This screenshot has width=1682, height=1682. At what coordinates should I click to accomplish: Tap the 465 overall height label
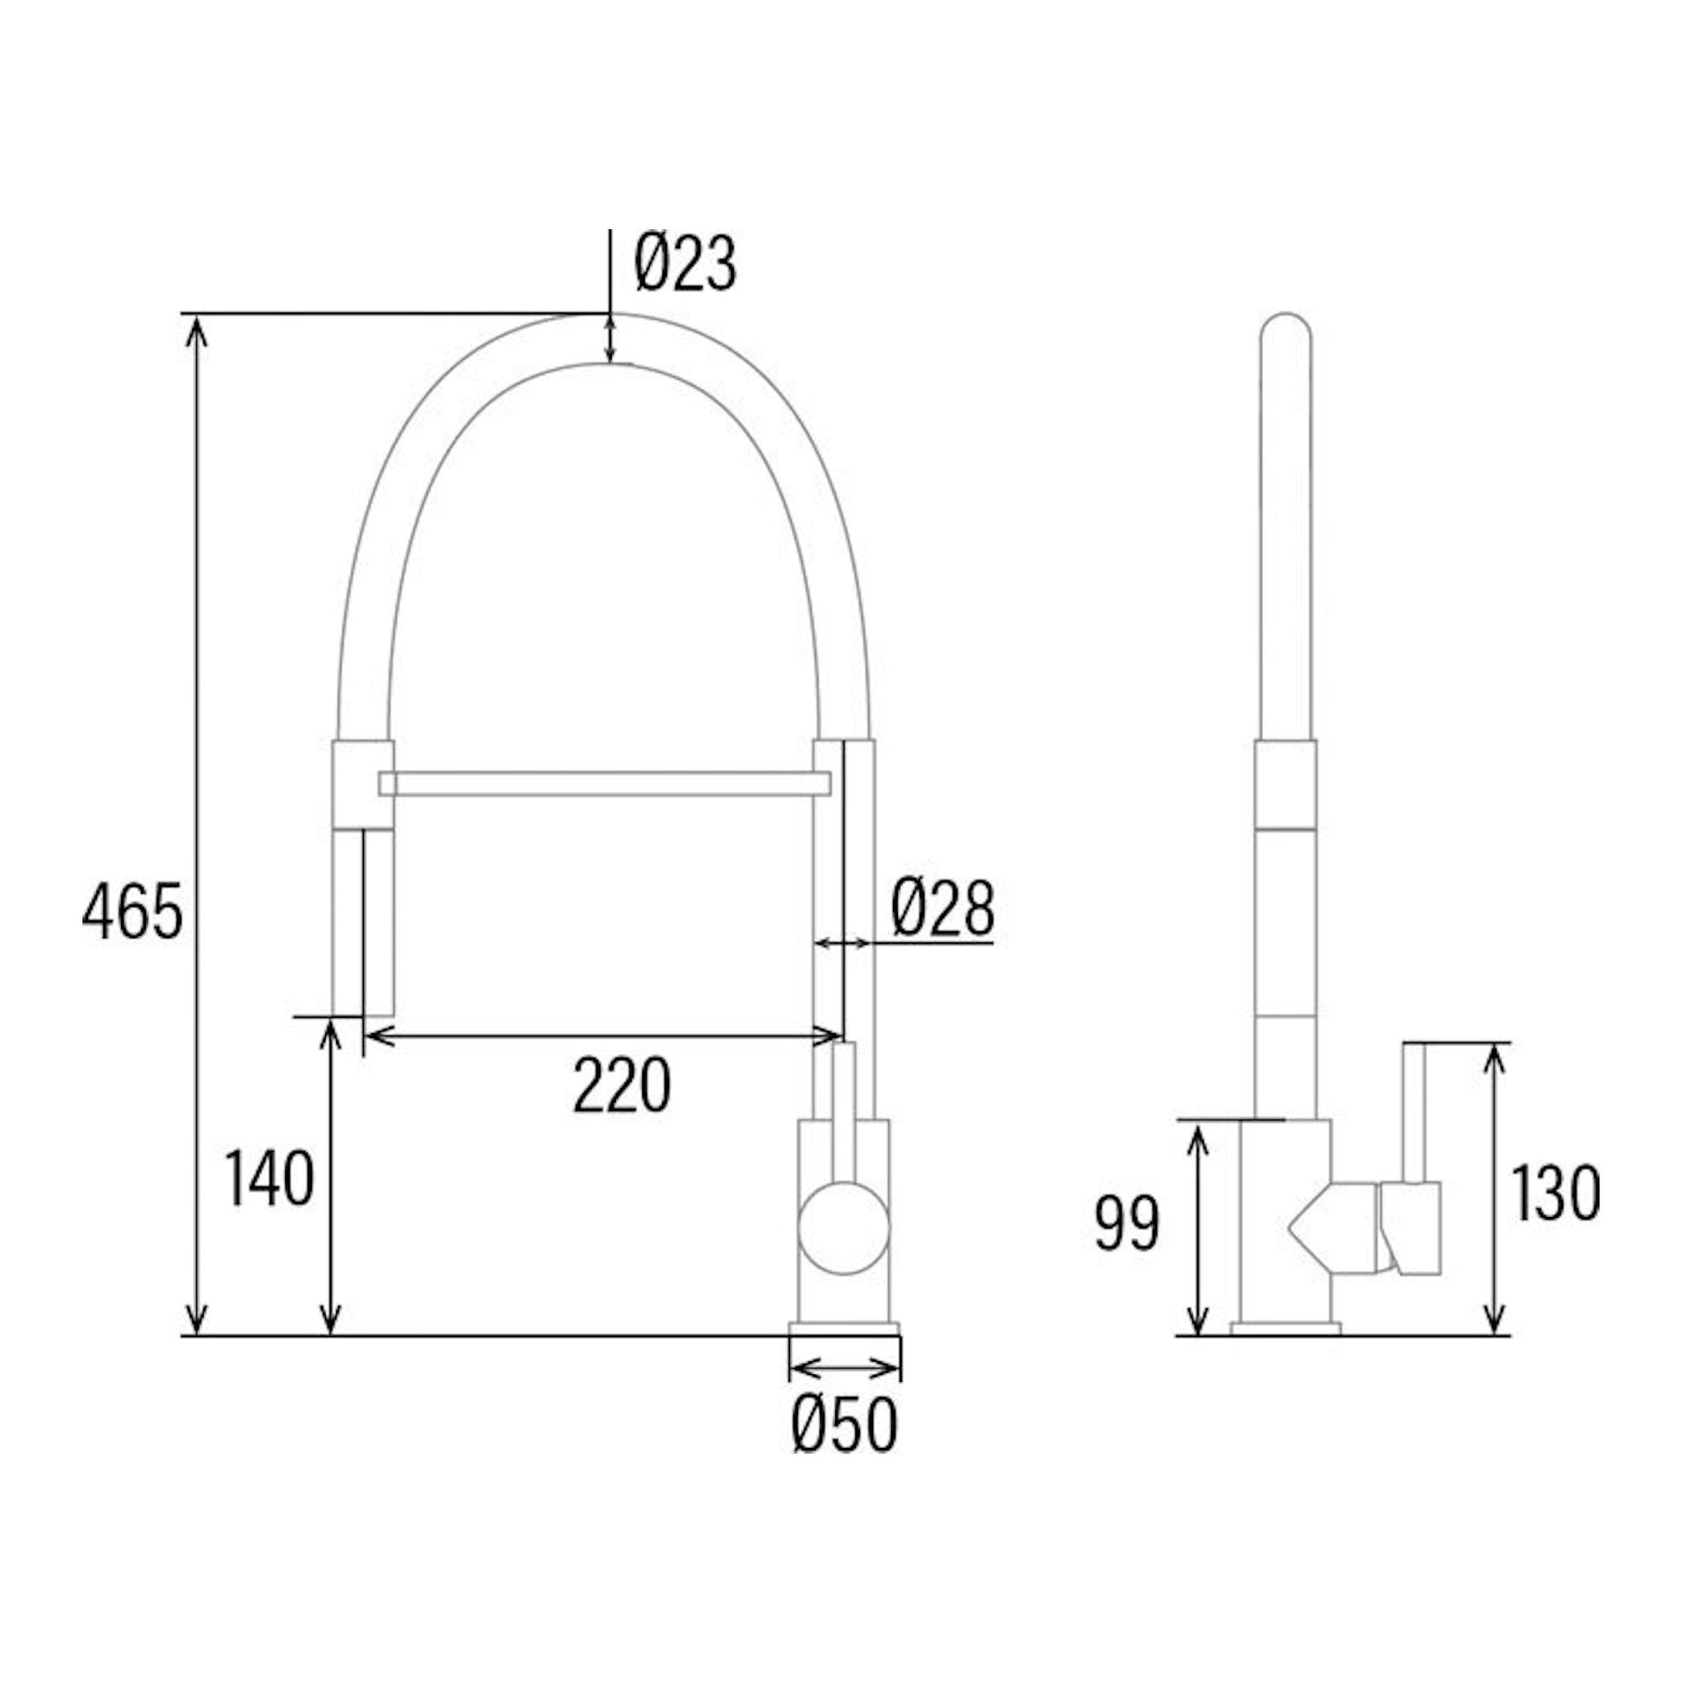tap(132, 912)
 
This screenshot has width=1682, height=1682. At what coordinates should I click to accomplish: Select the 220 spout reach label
tap(621, 1085)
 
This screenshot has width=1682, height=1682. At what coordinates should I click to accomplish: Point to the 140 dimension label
tap(269, 1178)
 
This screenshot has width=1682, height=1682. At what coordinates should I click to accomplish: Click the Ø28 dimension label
tap(942, 909)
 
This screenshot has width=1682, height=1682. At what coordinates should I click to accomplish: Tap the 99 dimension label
tap(1126, 1223)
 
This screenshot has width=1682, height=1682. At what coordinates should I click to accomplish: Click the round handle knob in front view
tap(844, 1227)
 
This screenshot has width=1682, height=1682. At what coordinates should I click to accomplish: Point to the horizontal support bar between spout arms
tap(605, 783)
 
